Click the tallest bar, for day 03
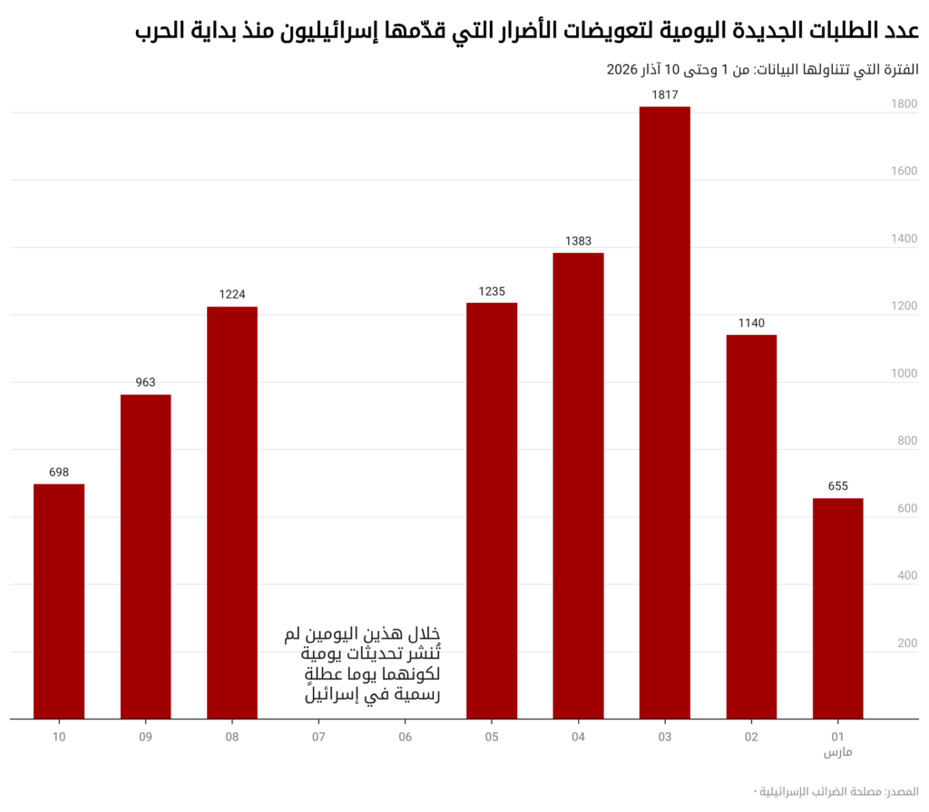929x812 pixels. (664, 413)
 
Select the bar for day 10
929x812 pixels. (59, 601)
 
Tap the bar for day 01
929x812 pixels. (837, 608)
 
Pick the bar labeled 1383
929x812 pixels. (578, 485)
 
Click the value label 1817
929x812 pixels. (665, 94)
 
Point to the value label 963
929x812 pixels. (145, 382)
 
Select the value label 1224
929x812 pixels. (232, 294)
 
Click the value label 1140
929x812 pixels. (751, 322)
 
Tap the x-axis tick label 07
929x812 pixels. (318, 737)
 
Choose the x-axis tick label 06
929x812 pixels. (405, 737)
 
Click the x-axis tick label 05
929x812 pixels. (491, 737)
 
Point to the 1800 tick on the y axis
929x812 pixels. (904, 104)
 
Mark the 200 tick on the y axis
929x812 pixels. (906, 643)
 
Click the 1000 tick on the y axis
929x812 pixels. (904, 374)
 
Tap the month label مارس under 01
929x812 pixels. (837, 753)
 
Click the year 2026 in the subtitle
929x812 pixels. (625, 69)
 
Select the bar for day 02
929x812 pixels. (751, 526)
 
